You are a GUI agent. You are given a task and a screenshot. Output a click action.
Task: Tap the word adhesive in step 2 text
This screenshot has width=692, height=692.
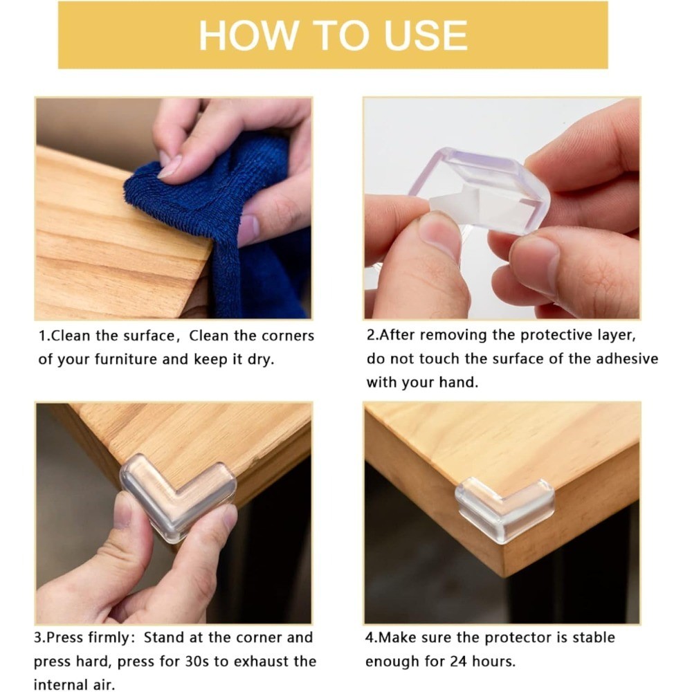tap(627, 358)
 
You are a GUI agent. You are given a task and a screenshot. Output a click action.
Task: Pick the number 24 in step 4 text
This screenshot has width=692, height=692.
tap(459, 662)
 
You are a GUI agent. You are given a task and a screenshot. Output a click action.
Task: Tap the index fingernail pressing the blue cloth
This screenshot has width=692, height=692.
tap(170, 167)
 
